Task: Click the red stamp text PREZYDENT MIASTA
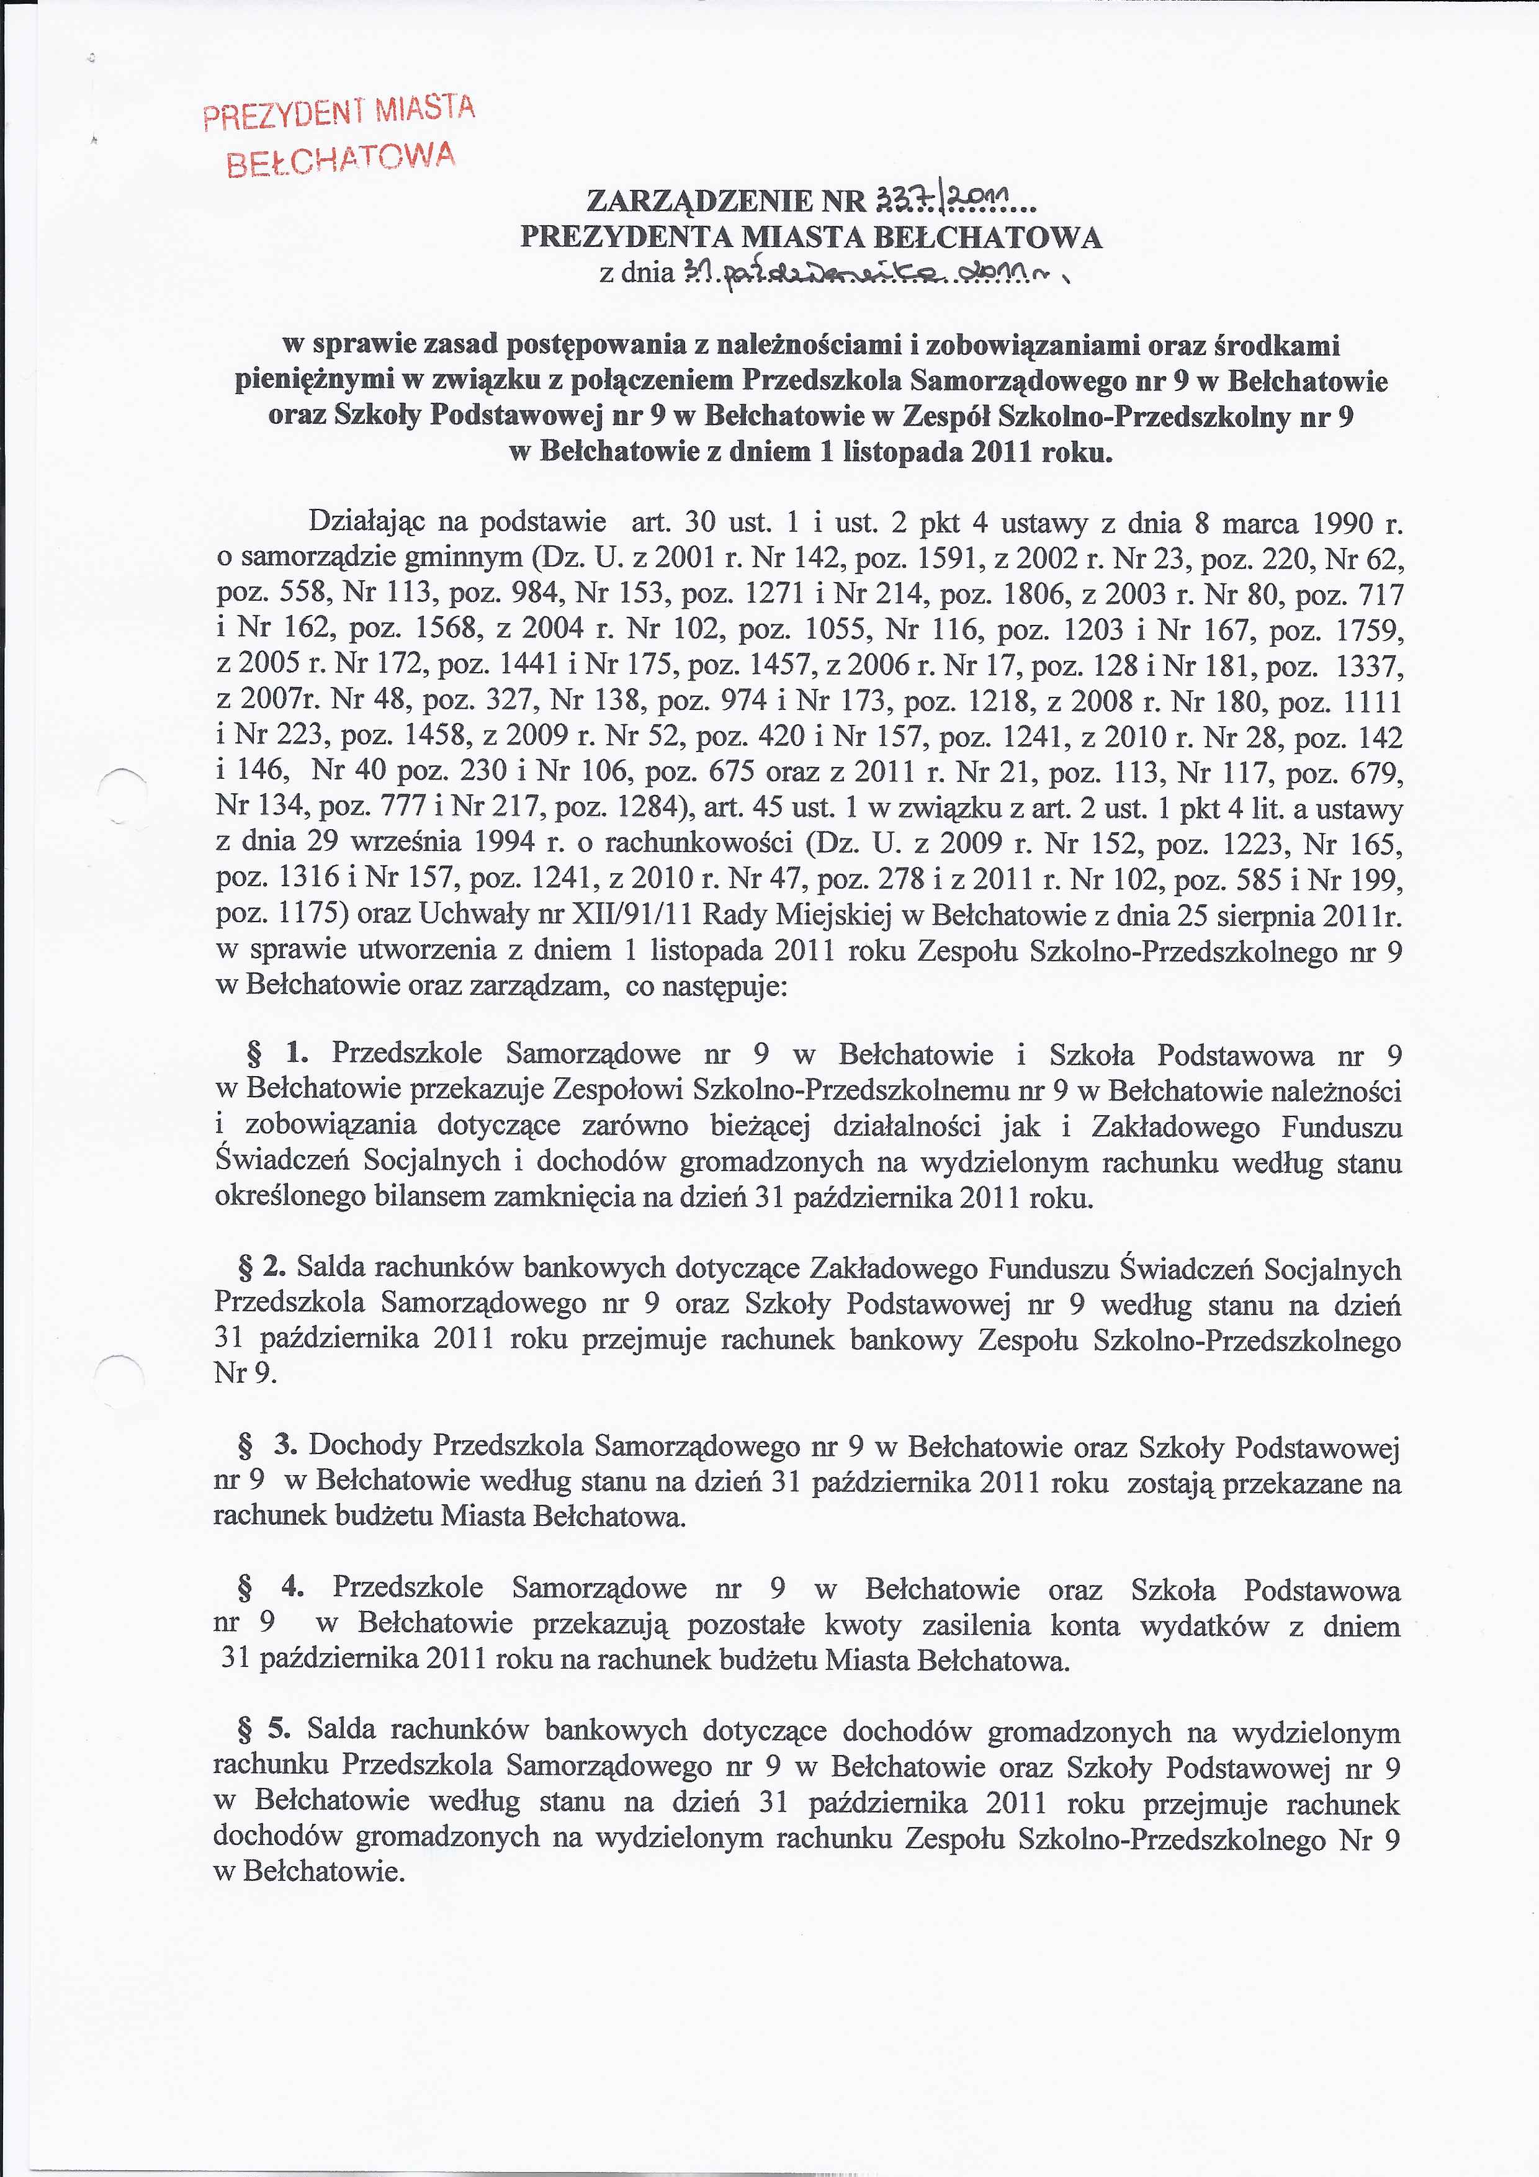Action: coord(339,111)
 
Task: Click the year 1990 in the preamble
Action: coord(1344,523)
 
